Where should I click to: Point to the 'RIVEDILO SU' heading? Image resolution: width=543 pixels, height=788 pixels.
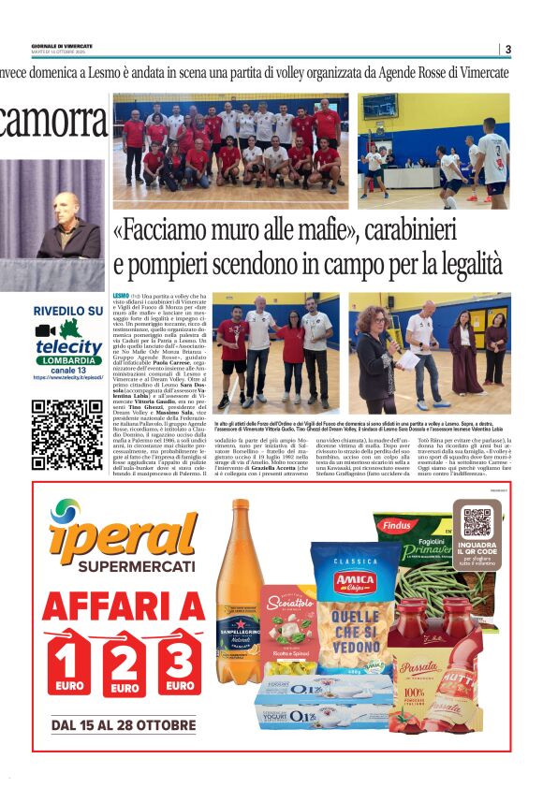pyautogui.click(x=67, y=311)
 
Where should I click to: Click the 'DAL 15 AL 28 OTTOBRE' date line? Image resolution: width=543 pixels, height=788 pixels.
pyautogui.click(x=124, y=725)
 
